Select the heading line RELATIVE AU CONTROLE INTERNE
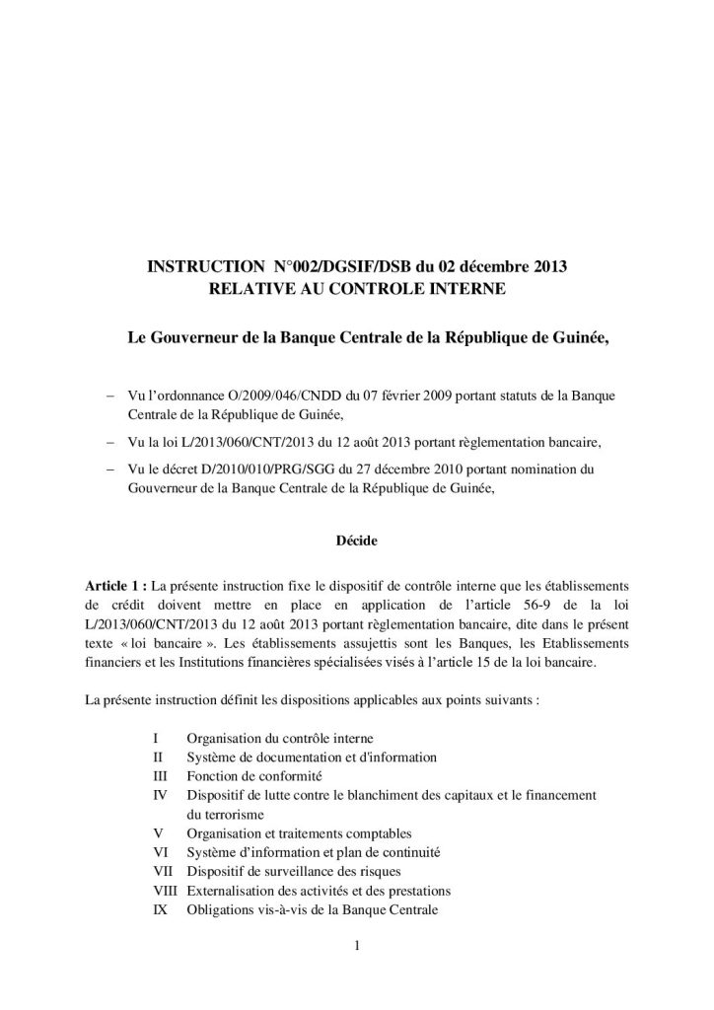[x=356, y=289]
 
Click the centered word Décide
[x=357, y=541]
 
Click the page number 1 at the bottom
[x=357, y=949]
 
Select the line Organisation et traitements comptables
[x=299, y=833]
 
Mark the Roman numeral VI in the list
[x=161, y=852]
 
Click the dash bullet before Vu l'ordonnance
[x=110, y=395]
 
